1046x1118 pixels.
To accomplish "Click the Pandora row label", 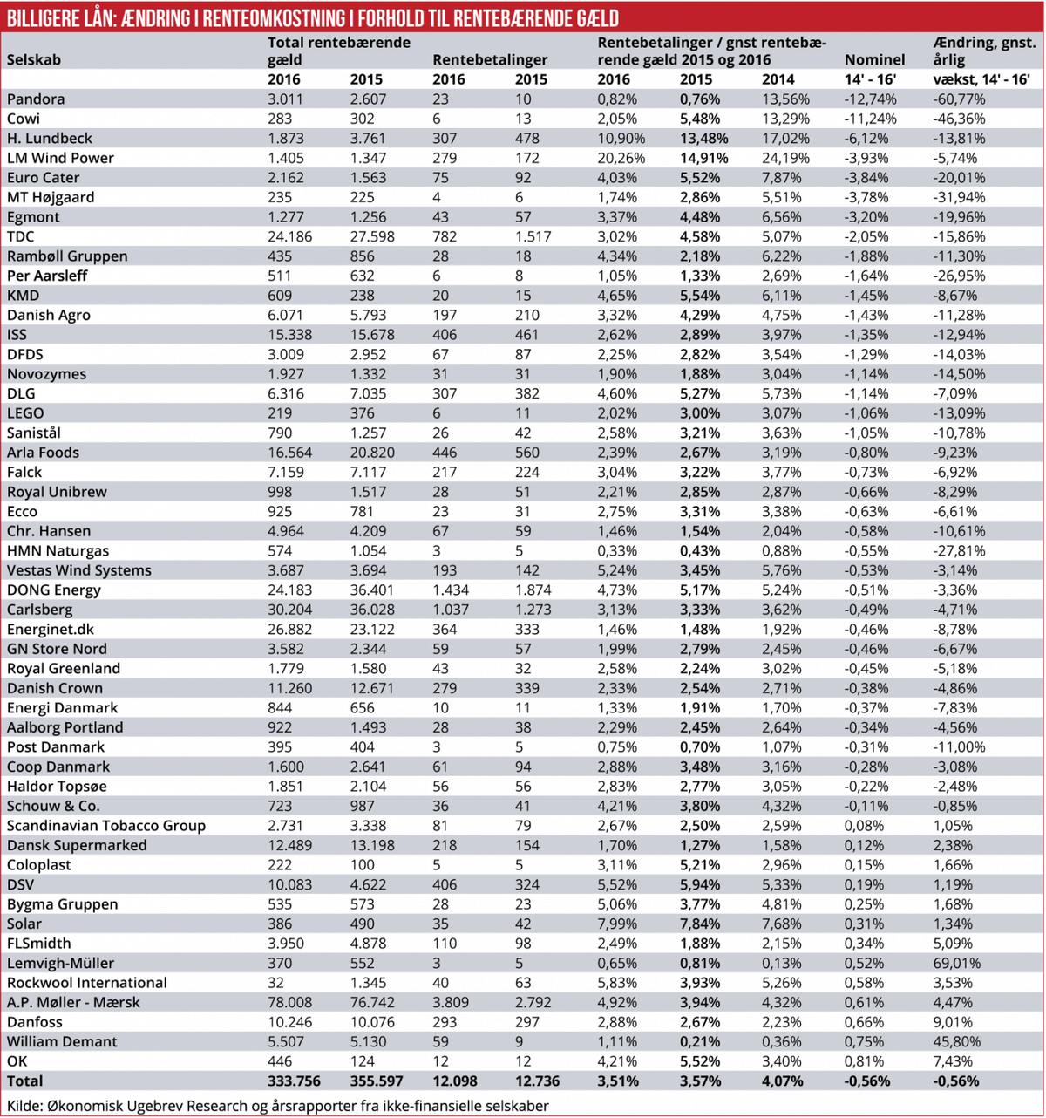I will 36,99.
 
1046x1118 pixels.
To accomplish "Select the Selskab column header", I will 34,60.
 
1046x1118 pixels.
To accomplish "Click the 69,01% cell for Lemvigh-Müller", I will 956,963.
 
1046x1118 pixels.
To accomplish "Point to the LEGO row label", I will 25,413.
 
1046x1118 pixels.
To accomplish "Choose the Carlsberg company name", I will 40,610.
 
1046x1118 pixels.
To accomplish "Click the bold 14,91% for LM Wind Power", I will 703,158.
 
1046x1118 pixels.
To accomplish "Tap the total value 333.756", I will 294,1081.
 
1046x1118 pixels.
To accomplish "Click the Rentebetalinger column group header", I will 490,60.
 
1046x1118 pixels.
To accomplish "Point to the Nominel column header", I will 875,60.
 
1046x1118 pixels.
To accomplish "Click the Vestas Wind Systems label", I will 79,570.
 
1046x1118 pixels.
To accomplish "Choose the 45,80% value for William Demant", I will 956,1041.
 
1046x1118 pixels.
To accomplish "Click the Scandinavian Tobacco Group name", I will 106,826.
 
